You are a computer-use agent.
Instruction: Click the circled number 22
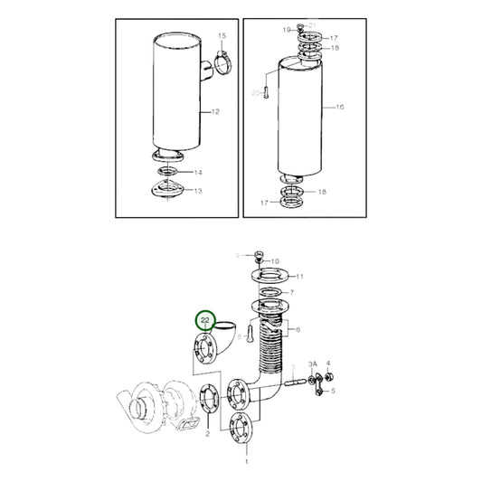205,320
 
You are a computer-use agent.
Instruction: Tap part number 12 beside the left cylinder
216,112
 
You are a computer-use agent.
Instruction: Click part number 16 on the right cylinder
340,107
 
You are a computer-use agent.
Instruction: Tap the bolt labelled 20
267,94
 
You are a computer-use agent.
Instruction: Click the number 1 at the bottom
244,460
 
